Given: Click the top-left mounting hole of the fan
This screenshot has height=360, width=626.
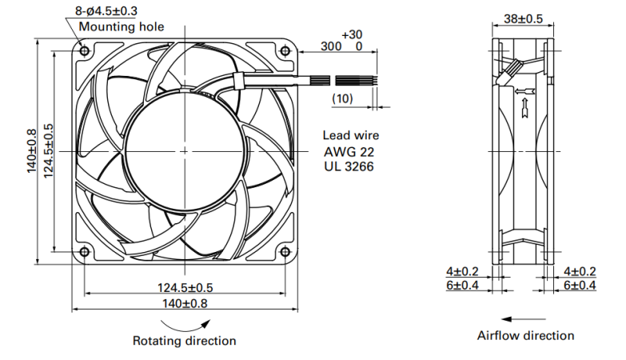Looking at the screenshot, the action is point(85,51).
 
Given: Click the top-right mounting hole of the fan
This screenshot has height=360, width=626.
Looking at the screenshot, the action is point(285,51).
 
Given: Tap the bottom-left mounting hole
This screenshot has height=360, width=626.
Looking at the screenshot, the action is point(85,252).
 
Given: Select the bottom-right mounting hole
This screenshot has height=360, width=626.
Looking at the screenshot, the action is point(285,252).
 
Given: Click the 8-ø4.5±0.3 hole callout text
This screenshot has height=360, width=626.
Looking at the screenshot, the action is point(106,10).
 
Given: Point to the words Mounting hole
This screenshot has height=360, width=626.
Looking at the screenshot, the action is point(122,26).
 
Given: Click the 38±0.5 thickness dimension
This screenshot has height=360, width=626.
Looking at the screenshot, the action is point(523,18).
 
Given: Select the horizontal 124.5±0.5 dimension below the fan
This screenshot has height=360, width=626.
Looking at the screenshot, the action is point(185,288).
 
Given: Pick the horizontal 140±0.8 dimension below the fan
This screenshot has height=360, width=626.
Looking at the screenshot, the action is point(185,304).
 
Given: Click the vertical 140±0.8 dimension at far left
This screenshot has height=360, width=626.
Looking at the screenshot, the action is point(32,151).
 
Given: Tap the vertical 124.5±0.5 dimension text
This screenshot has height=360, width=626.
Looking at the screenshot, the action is point(48,151).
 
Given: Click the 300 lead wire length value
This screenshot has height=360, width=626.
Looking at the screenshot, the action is point(331,46).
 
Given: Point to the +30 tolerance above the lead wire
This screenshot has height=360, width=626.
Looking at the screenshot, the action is point(352,34).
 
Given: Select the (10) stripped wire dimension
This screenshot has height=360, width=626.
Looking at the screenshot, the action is point(342,98).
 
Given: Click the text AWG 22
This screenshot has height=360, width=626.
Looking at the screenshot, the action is point(349,152).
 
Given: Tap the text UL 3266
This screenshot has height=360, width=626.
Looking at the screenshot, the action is point(349,166).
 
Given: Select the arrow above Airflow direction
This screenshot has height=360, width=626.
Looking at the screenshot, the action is point(523,319).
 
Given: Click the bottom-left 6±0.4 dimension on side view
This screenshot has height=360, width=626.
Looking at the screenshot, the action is point(462,286).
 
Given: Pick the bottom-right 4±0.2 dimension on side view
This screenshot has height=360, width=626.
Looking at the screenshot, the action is point(580,272).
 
